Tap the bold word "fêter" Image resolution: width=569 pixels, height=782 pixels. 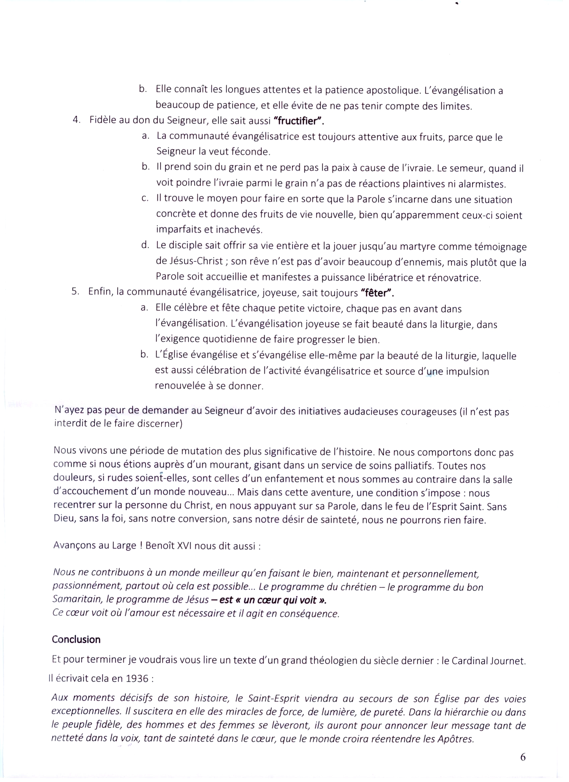click(377, 293)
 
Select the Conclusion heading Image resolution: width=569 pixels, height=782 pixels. click(76, 640)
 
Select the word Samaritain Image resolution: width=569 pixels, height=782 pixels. click(78, 599)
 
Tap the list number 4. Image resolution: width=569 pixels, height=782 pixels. click(76, 120)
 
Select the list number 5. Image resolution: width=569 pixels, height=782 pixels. click(75, 292)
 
